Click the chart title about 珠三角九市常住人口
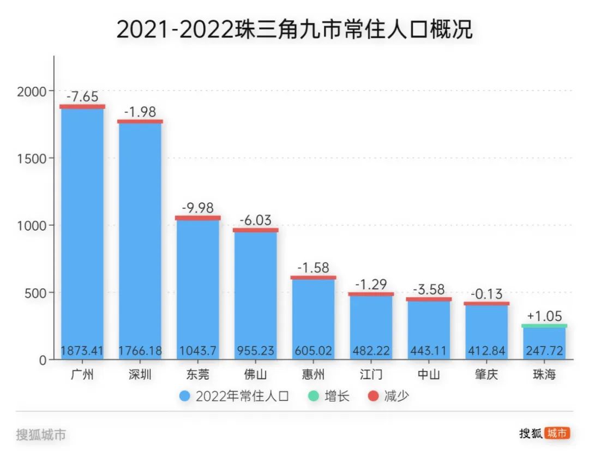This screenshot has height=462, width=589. pos(294,29)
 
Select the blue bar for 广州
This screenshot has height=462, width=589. pos(82,229)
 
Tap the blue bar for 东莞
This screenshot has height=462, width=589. pos(198,284)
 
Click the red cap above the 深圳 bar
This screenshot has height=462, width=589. pos(140,121)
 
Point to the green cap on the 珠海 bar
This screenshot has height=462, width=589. pos(544,326)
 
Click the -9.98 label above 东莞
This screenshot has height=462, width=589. pos(198,208)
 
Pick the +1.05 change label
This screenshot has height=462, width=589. pos(544,316)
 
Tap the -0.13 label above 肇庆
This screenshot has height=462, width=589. pos(486,294)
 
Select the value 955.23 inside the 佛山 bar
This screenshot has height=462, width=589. pos(256,351)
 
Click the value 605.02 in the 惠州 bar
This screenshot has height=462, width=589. pos(314,351)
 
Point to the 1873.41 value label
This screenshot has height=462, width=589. pos(82,351)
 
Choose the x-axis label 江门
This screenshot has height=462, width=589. pos(371,375)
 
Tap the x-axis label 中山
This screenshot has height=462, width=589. pos(429,375)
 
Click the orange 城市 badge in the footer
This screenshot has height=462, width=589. pos(557,433)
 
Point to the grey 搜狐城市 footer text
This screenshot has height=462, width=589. pos(41,435)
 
